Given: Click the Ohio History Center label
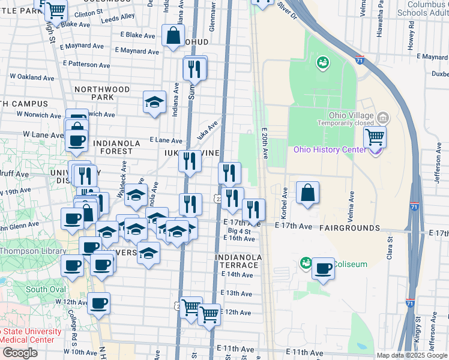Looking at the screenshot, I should (x=329, y=149).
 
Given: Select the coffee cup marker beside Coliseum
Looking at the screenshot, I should (x=323, y=269).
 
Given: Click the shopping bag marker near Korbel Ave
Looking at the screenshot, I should (x=307, y=193).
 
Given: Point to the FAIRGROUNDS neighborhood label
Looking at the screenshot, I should (x=349, y=228).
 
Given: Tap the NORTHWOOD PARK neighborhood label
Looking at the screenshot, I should (x=102, y=93).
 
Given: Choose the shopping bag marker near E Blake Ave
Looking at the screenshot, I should (x=173, y=35).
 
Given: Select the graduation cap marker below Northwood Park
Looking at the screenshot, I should (x=154, y=102).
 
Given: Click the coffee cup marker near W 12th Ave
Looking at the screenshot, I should (x=99, y=304).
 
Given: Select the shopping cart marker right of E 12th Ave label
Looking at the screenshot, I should (x=209, y=313).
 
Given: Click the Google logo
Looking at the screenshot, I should (x=20, y=353).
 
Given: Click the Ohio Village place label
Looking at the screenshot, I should (x=351, y=116).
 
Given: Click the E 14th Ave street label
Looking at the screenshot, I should (x=237, y=274).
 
